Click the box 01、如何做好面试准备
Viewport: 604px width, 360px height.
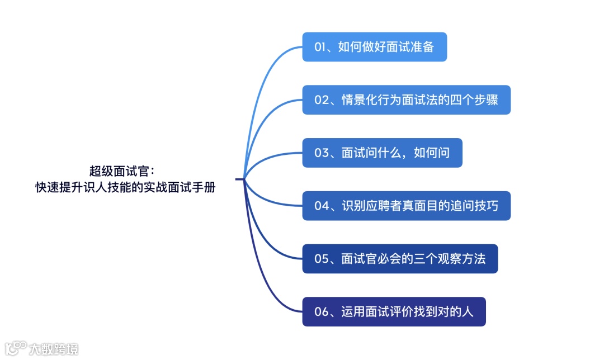(x=374, y=47)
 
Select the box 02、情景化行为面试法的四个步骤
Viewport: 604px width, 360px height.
(x=406, y=100)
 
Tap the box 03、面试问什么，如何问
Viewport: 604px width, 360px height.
(x=382, y=153)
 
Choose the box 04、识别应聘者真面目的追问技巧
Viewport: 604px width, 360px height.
(x=406, y=206)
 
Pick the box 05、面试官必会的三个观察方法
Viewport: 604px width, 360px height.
(x=400, y=259)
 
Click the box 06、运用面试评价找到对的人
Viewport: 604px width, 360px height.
(x=394, y=311)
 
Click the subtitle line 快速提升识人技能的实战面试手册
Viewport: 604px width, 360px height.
(x=125, y=188)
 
